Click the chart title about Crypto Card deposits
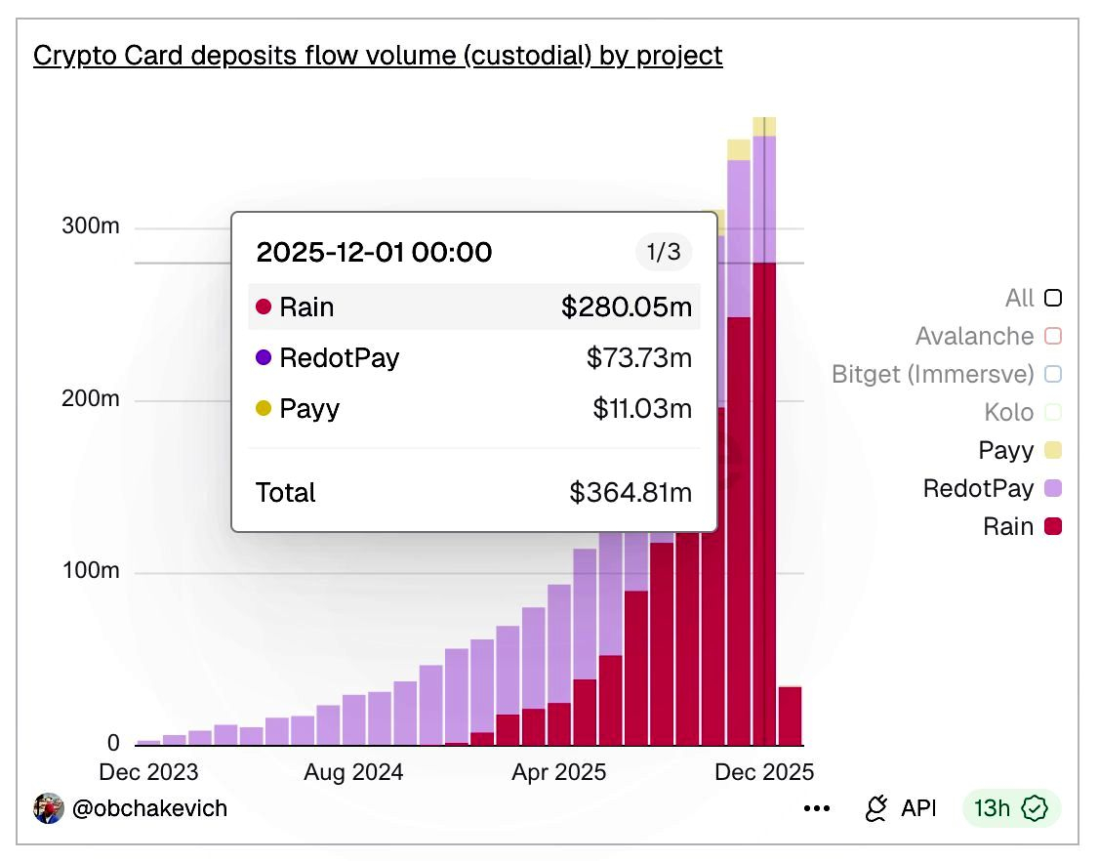[378, 56]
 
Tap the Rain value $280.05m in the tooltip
[627, 307]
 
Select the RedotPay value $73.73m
[639, 357]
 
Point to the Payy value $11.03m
[642, 408]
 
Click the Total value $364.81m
[631, 492]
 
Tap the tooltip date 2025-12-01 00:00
[374, 252]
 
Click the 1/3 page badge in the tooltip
[664, 252]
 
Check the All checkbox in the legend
[1053, 298]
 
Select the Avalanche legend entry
[989, 336]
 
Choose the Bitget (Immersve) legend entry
[946, 374]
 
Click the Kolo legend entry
[1023, 412]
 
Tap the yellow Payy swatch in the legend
[1053, 450]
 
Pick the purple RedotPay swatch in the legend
[1053, 488]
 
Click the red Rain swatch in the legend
[1053, 526]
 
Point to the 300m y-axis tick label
[91, 225]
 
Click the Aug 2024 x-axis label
[353, 772]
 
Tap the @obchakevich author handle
[149, 808]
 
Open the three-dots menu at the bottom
[817, 808]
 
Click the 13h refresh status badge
[1011, 808]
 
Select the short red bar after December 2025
[790, 716]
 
